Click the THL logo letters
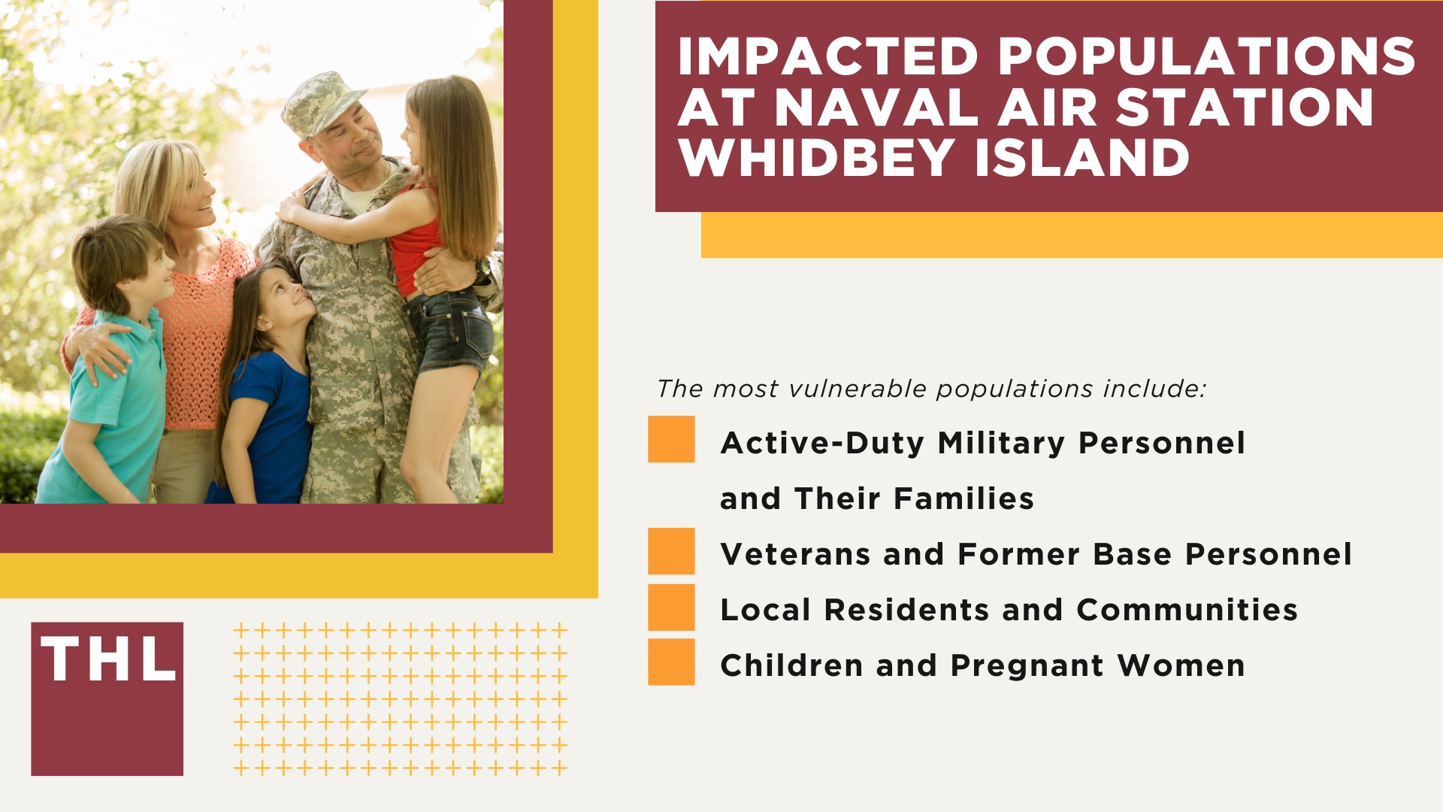[107, 660]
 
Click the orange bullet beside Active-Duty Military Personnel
[671, 439]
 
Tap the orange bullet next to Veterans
[671, 551]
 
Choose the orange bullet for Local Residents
[671, 607]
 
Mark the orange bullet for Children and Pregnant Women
[671, 662]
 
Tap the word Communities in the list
[1187, 610]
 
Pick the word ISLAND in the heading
[1081, 158]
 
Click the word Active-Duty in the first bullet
[821, 443]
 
